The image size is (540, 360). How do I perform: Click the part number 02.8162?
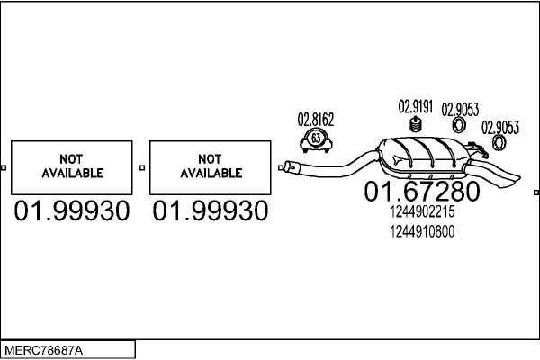316,120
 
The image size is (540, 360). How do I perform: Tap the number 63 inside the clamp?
316,138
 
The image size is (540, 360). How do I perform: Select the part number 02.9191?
415,106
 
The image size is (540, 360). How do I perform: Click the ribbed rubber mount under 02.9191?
417,124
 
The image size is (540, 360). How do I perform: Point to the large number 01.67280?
422,191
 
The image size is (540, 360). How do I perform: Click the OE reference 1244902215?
422,211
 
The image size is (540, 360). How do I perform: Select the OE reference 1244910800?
422,231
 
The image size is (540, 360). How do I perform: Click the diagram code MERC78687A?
43,351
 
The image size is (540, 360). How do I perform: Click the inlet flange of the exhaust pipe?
289,167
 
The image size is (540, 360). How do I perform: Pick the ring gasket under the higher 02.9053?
459,125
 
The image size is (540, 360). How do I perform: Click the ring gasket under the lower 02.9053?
499,142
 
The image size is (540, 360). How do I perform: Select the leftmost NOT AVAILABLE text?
72,166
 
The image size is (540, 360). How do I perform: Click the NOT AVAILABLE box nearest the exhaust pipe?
210,167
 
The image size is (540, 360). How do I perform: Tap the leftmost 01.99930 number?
72,211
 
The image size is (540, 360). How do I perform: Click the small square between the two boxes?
142,167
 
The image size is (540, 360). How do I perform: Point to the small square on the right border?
536,193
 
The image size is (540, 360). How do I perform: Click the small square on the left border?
3,167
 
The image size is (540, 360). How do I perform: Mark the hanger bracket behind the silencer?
477,148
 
